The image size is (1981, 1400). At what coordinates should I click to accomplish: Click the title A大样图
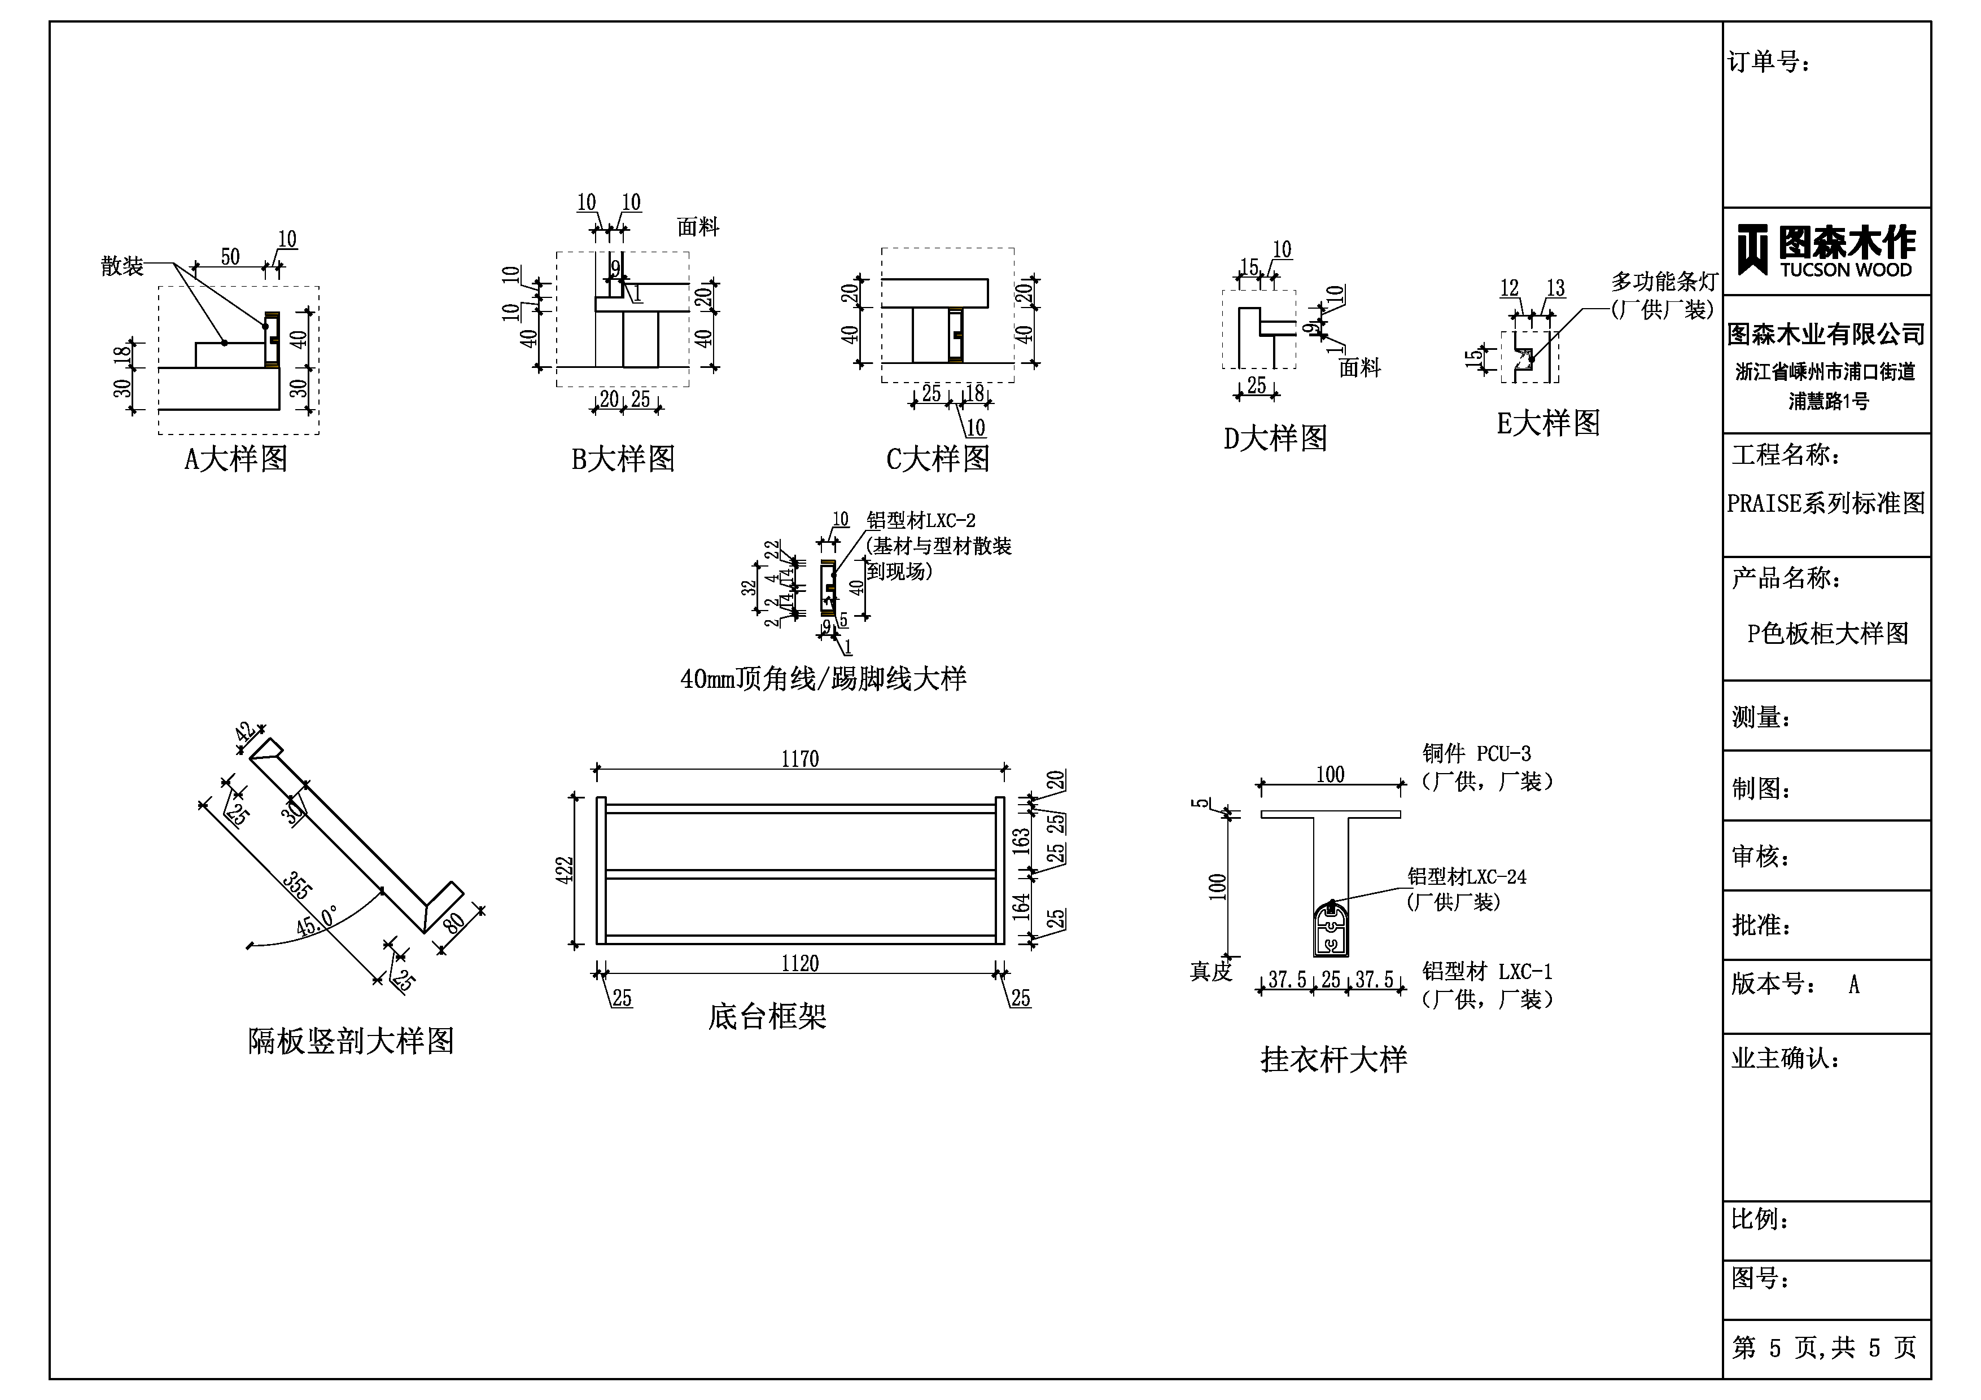[235, 459]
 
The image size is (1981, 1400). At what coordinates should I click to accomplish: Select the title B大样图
[623, 459]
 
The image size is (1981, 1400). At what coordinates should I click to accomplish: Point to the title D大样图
[1275, 439]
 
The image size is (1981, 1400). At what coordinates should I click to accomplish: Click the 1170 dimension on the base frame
[800, 759]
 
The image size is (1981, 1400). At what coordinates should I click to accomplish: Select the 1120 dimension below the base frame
[800, 964]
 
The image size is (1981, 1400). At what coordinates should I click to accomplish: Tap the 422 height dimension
[565, 870]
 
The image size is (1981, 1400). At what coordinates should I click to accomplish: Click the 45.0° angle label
[317, 922]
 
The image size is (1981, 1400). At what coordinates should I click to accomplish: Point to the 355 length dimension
[297, 886]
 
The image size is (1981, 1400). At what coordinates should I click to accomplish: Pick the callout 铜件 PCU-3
[1476, 754]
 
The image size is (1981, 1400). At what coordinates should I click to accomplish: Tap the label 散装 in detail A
[121, 266]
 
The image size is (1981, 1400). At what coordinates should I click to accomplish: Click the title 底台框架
[767, 1017]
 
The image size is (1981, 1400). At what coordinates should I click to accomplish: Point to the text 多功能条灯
[1664, 282]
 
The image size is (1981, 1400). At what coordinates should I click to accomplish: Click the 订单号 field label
[1769, 62]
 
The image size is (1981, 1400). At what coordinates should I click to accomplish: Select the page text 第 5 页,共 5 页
[1825, 1348]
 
